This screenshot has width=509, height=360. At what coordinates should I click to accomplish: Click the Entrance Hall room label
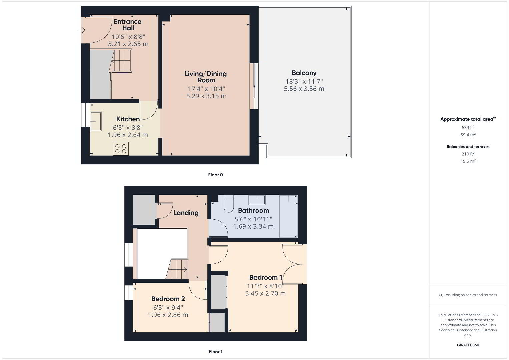[128, 25]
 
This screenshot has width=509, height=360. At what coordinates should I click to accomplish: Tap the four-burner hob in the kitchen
[121, 149]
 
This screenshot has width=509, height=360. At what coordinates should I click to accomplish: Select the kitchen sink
[96, 121]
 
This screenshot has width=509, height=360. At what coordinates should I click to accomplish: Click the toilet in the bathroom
[229, 204]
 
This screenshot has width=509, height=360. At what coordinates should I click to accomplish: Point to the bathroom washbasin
[257, 200]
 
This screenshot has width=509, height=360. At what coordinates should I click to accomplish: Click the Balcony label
[304, 73]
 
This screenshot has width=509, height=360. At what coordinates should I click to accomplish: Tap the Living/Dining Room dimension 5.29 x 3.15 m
[206, 96]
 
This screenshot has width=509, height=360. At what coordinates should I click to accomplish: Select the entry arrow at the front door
[82, 30]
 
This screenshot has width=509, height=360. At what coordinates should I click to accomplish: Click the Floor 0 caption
[216, 175]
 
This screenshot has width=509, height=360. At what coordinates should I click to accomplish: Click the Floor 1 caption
[216, 352]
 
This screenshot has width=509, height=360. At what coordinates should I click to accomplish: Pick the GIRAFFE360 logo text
[468, 345]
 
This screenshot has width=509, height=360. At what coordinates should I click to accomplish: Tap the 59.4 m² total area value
[468, 135]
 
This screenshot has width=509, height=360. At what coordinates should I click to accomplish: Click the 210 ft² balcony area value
[468, 154]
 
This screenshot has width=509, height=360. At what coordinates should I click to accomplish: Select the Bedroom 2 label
[168, 299]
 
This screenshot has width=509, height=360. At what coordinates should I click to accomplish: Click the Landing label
[186, 213]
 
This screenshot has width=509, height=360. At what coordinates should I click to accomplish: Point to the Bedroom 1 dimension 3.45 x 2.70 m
[266, 293]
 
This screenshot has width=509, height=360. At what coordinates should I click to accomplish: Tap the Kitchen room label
[128, 119]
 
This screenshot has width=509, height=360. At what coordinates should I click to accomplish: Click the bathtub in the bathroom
[289, 216]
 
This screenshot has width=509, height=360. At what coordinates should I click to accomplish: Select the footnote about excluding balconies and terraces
[468, 295]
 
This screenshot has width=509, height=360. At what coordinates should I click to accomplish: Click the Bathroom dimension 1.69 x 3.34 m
[253, 226]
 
